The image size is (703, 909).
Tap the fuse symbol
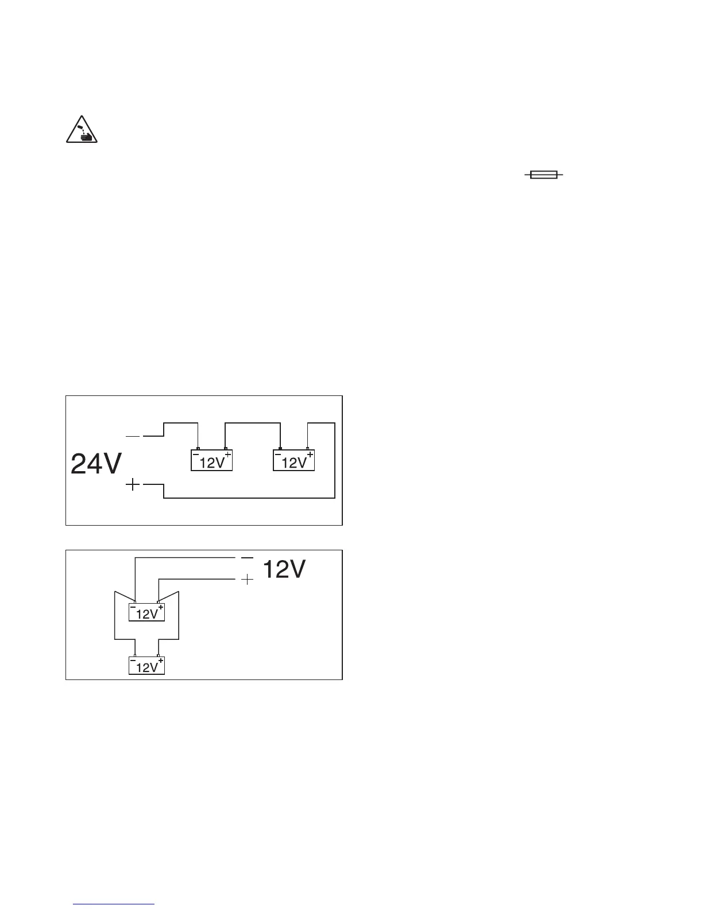click(x=543, y=175)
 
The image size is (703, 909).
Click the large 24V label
click(x=96, y=464)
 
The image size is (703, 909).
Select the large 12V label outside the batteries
click(x=284, y=570)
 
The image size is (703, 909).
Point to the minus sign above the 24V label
click(x=133, y=437)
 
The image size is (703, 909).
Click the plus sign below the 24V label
click(x=133, y=485)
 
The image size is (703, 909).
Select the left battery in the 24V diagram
click(x=211, y=460)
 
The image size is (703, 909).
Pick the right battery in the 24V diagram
click(x=293, y=460)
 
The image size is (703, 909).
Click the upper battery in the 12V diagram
click(x=146, y=612)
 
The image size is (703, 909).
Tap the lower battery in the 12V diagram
click(x=146, y=666)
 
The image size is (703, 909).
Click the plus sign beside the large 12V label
click(x=247, y=580)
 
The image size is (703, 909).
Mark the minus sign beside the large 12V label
click(x=247, y=558)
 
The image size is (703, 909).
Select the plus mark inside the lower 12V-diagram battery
click(x=160, y=661)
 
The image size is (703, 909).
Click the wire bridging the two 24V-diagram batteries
click(x=253, y=423)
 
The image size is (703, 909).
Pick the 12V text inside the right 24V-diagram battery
click(x=293, y=463)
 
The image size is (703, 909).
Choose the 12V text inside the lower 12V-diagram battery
click(x=146, y=667)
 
